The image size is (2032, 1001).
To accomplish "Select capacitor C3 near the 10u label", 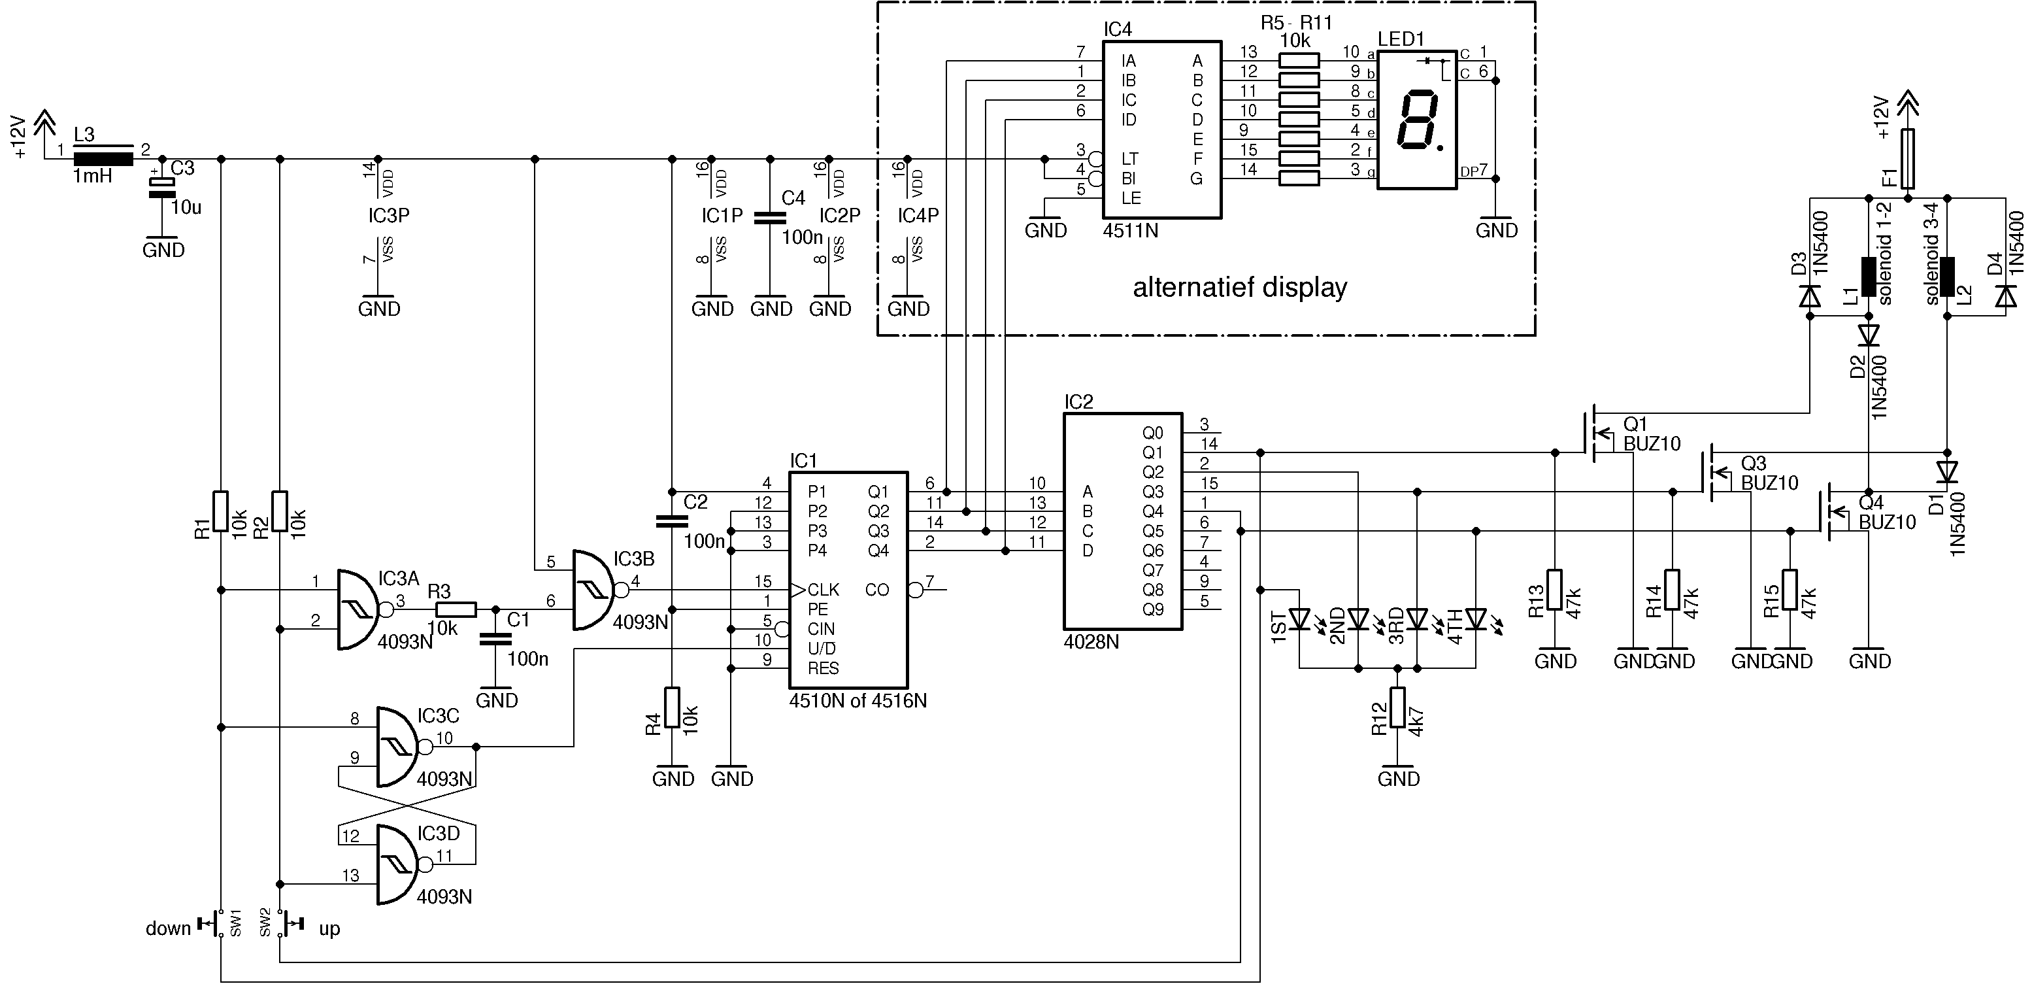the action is point(161,188).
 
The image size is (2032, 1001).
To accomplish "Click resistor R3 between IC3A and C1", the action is point(457,609).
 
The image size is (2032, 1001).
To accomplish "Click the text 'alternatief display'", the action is point(1240,287).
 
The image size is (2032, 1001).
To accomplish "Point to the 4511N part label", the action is point(1131,231).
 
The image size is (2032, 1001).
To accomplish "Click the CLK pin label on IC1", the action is point(824,590).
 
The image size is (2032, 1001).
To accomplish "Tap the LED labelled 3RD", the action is point(1418,619).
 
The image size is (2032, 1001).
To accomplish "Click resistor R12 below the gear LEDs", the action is point(1398,707).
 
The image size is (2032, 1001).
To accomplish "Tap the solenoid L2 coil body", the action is point(1947,277).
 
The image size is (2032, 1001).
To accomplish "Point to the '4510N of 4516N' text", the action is point(858,700).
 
